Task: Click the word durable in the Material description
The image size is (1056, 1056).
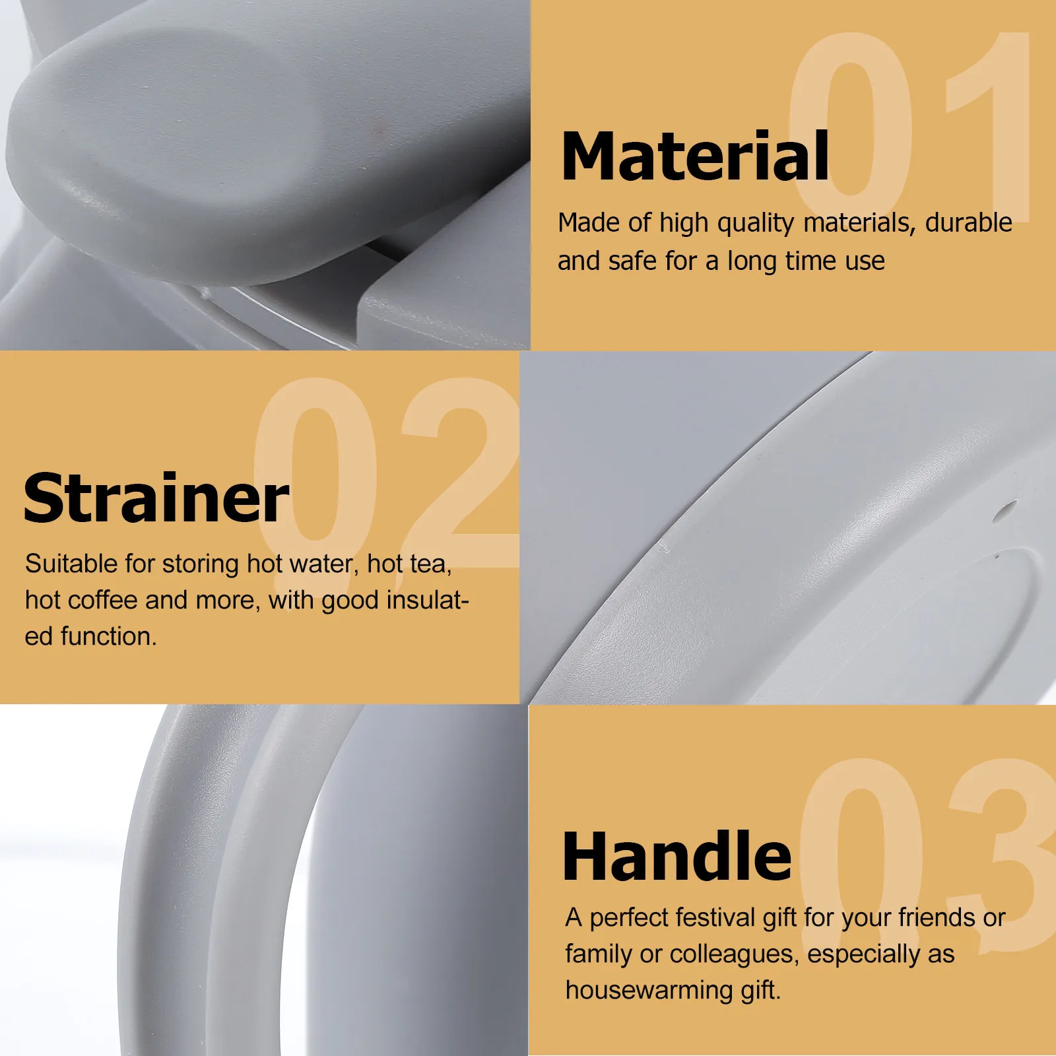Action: tap(968, 223)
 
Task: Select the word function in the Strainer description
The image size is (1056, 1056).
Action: tap(108, 637)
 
